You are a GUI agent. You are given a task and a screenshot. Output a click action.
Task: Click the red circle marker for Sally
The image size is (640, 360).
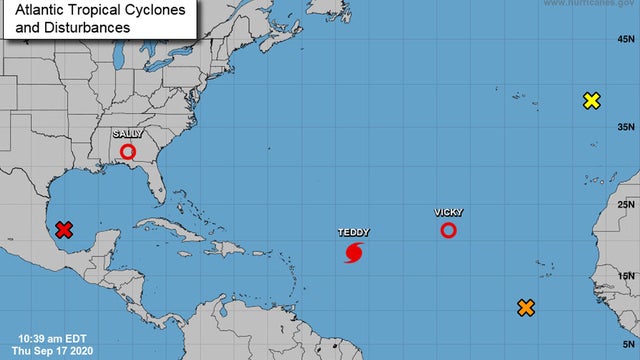point(128,152)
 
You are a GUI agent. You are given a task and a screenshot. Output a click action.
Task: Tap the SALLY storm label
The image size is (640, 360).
point(128,133)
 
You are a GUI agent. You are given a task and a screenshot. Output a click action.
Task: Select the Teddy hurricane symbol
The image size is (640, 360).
point(354,253)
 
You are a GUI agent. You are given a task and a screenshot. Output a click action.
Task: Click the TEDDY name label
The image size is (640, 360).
point(353,232)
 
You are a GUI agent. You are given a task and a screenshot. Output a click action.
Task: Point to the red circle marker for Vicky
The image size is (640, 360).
point(448,231)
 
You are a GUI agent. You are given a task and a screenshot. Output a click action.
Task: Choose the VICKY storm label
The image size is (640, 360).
point(448,213)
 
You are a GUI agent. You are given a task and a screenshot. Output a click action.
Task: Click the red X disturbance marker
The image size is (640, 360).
point(64,230)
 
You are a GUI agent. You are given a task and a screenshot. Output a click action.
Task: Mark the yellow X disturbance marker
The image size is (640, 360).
point(592,100)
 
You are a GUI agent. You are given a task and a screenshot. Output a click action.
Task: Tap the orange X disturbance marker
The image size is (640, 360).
point(525,308)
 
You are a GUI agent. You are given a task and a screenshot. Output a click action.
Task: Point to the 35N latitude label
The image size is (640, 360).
point(625,127)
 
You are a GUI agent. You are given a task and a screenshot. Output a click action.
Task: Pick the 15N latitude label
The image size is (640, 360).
point(625,277)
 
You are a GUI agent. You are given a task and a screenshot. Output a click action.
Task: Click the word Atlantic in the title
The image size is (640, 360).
point(41,10)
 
